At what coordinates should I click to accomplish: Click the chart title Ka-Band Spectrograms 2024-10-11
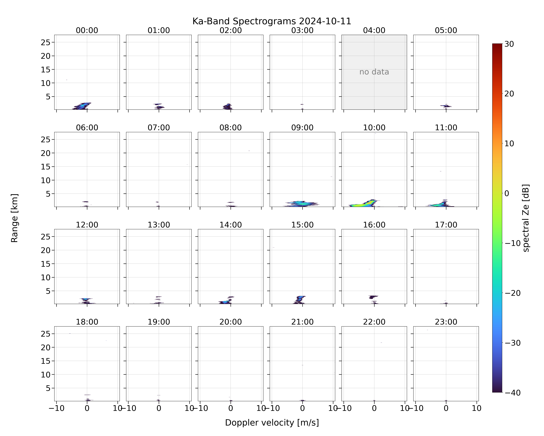pos(272,21)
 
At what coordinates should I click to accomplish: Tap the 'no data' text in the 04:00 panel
pos(374,72)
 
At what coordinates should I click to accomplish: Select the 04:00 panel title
pos(374,30)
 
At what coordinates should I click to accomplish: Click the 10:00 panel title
pos(374,128)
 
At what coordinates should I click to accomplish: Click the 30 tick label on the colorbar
pos(509,44)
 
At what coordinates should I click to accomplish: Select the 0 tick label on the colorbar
pos(507,193)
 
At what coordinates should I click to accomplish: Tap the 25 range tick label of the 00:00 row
pos(46,42)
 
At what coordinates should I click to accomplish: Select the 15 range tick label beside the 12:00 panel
pos(46,264)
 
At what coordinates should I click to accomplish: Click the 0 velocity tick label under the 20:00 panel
pos(231,408)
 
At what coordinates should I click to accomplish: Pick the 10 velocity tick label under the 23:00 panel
pos(477,408)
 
